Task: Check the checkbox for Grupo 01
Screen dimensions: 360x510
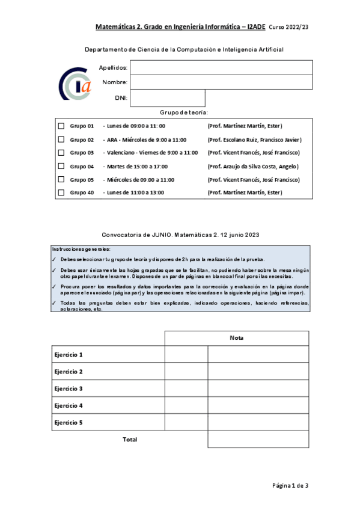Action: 61,126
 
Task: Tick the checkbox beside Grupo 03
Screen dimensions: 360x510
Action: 61,153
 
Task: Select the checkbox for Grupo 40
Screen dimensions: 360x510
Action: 61,192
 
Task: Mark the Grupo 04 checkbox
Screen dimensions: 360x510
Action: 61,166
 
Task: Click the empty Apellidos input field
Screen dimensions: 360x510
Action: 221,67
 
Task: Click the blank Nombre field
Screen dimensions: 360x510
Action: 221,82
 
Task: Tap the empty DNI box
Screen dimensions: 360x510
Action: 168,97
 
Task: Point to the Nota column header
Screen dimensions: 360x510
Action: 237,338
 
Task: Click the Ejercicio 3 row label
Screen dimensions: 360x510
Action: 69,389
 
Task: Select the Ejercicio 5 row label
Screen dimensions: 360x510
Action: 69,422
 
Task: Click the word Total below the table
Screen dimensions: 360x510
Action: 130,440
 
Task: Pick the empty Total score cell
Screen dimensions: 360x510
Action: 258,440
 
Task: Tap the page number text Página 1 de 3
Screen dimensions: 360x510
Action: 290,485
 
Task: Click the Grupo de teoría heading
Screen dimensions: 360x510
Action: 184,112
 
